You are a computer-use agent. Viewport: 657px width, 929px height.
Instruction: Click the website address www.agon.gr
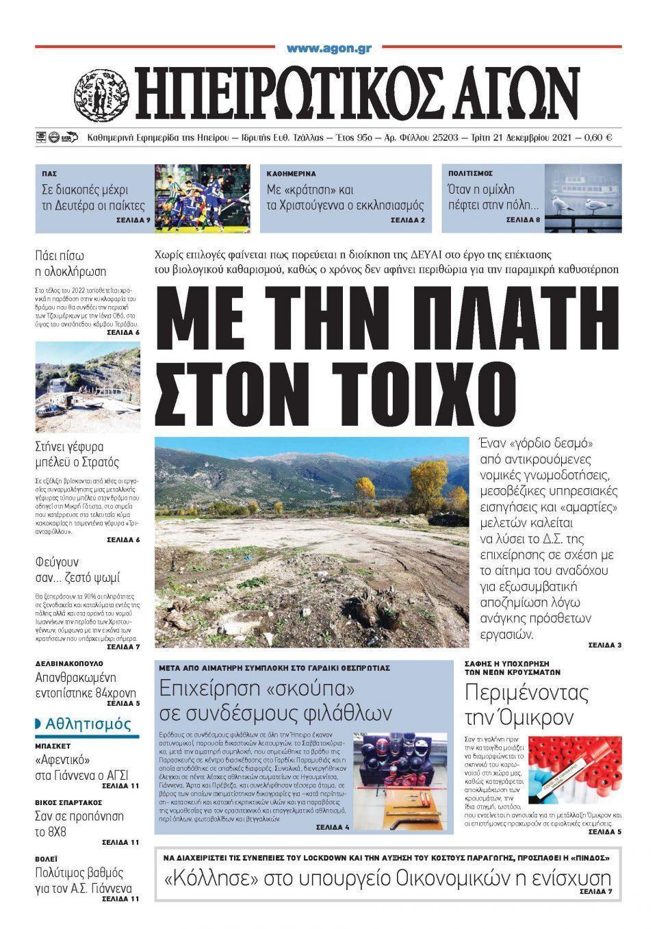click(328, 49)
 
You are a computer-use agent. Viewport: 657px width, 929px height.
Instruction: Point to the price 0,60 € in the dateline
click(598, 138)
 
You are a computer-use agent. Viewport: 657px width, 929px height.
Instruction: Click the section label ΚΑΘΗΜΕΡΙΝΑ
click(291, 174)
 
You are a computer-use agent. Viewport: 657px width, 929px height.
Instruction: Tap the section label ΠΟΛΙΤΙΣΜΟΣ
click(471, 174)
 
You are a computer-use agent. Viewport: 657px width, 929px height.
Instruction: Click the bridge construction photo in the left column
click(88, 387)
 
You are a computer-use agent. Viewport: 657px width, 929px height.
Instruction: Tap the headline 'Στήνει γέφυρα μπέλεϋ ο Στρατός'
click(77, 455)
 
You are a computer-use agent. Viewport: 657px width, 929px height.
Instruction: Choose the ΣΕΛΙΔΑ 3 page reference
click(604, 645)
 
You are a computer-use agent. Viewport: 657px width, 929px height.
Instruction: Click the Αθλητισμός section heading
click(87, 724)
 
